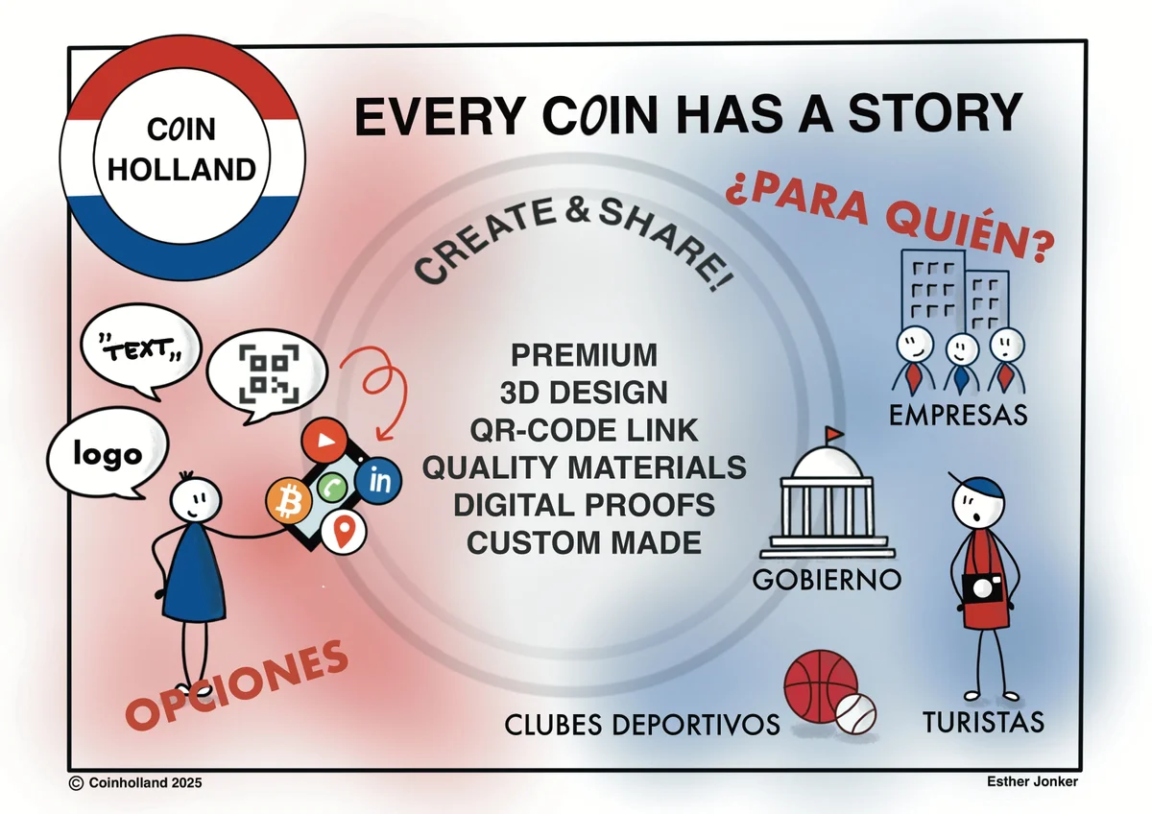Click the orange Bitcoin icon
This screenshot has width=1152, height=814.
point(289,501)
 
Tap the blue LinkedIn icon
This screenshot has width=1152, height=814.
point(378,481)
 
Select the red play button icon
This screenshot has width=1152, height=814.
point(324,441)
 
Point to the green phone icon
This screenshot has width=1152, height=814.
point(332,487)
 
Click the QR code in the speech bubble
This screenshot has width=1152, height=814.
point(269,373)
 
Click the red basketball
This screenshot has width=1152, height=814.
point(820,686)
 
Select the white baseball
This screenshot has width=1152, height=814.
point(855,714)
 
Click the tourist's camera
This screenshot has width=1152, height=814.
point(982,588)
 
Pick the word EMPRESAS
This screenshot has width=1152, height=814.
point(958,415)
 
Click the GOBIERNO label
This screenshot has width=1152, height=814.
point(827,580)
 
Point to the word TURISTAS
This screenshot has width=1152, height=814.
point(983,722)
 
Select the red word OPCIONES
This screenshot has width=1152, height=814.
point(237,685)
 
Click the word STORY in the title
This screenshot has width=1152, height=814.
point(934,113)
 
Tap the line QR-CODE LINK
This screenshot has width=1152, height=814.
point(584,430)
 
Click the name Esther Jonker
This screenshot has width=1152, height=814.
point(1032,782)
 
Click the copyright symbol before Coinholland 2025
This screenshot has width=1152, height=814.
point(76,783)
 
